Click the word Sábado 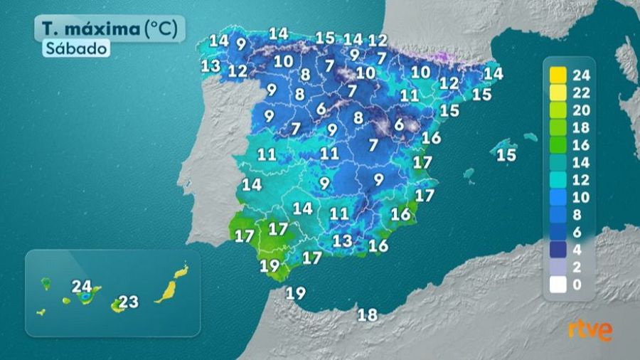point(79,49)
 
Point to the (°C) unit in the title point(164,29)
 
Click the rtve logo point(590,330)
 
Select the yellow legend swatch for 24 point(558,75)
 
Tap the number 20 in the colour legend point(582,110)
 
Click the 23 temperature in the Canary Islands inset point(128,302)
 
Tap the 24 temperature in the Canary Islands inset point(82,287)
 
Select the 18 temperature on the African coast point(368,314)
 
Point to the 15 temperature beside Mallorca point(506,155)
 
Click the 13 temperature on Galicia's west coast point(210,66)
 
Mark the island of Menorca point(530,137)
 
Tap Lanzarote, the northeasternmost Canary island point(182,270)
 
